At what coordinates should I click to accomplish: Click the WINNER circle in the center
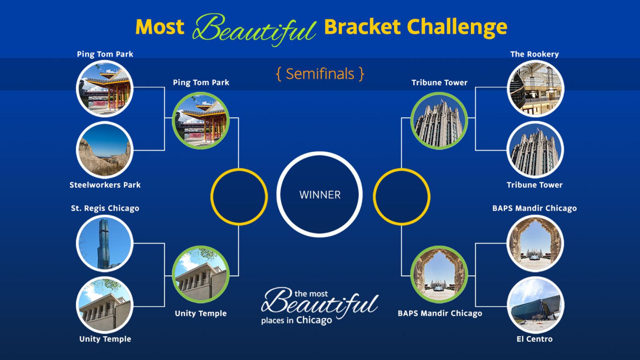click(320, 194)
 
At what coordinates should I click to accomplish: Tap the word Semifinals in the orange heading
click(320, 74)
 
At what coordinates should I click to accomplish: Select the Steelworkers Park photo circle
click(105, 150)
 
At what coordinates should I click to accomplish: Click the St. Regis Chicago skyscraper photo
click(105, 243)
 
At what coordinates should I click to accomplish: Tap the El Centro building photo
click(535, 305)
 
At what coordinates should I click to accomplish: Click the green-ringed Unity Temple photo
click(201, 274)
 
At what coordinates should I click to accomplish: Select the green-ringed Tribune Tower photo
click(439, 121)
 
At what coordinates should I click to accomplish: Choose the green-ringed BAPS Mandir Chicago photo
click(439, 274)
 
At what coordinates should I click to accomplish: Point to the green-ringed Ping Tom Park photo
click(201, 121)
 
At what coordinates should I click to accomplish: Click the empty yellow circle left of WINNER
click(239, 197)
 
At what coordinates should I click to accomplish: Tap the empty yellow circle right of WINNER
click(402, 197)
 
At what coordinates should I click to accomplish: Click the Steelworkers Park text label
click(105, 185)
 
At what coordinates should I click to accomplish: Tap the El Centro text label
click(534, 339)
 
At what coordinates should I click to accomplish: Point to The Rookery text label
click(534, 54)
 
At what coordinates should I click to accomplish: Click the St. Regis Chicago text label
click(105, 208)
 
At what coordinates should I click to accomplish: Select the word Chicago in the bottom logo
click(314, 320)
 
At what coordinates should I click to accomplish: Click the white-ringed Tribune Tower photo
click(535, 150)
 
